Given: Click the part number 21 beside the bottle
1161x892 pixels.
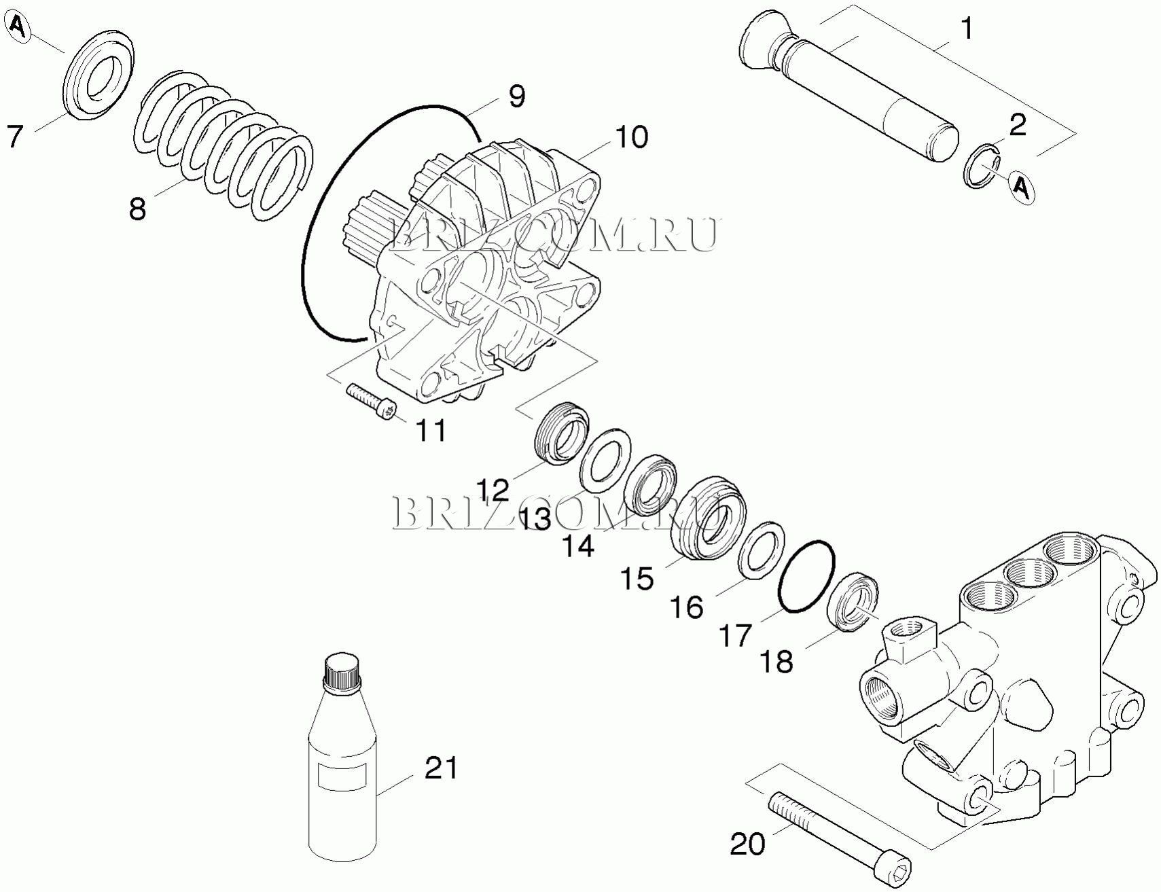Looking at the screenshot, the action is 442,768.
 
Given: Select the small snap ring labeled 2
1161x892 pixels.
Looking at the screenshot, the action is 983,166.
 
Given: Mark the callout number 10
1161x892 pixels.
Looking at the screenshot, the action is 632,137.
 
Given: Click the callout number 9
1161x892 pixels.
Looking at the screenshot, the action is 516,96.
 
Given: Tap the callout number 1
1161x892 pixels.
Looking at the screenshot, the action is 966,29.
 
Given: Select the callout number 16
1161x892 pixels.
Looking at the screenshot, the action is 687,607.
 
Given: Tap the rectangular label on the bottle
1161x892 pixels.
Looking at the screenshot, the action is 342,776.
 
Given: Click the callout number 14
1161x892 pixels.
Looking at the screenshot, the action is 579,546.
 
